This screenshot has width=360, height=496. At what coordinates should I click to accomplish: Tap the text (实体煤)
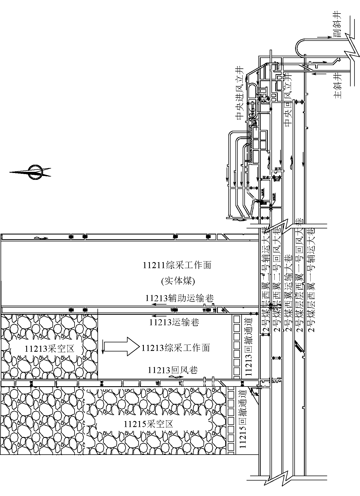click(178, 281)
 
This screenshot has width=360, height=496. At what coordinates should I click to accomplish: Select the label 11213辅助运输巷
click(179, 298)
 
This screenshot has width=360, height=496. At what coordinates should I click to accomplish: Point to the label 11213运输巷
click(174, 322)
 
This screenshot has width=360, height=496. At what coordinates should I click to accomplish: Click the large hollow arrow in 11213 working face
click(121, 346)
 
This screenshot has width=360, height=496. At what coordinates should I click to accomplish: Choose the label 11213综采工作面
click(176, 348)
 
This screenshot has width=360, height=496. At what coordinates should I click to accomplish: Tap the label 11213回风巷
click(173, 370)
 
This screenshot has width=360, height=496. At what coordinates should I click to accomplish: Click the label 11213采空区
click(50, 349)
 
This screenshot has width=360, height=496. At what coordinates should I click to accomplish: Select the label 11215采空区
click(149, 424)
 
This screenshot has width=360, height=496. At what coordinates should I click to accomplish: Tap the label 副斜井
click(338, 25)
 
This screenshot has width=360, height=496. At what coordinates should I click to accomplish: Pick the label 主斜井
click(338, 86)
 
